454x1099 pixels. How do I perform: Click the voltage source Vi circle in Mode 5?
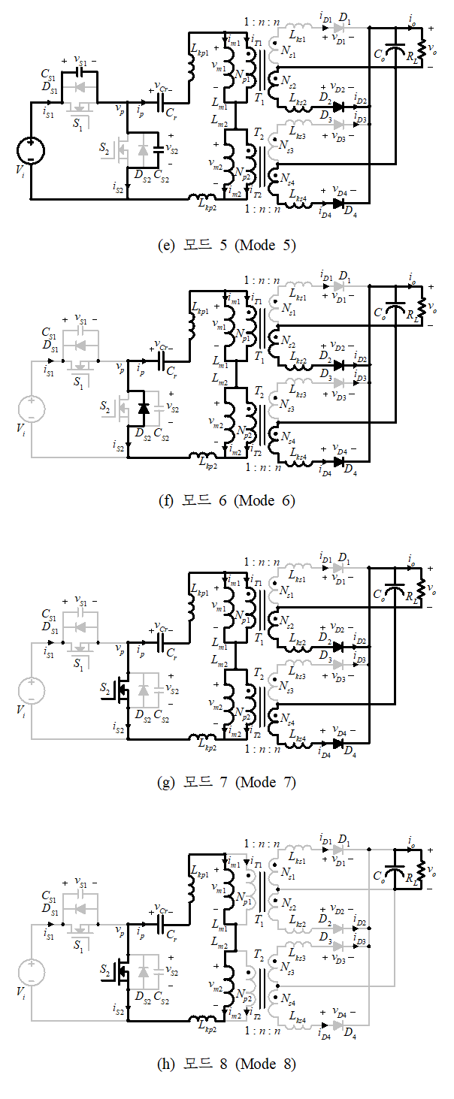(x=31, y=149)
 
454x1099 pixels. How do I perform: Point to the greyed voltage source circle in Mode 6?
(x=31, y=409)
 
